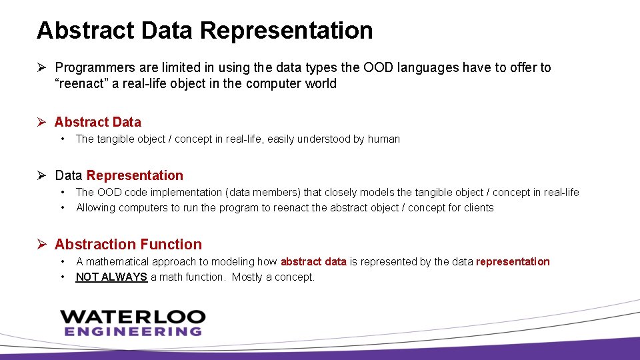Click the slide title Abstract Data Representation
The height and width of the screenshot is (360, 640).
205,31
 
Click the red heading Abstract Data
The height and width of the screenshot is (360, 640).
98,122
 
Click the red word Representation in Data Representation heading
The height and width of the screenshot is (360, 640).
135,175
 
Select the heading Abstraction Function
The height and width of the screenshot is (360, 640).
128,245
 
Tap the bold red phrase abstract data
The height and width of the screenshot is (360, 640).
313,261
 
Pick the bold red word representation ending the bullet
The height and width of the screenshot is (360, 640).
513,261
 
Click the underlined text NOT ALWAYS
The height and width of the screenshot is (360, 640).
111,277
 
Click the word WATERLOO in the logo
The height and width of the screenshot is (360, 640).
133,316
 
